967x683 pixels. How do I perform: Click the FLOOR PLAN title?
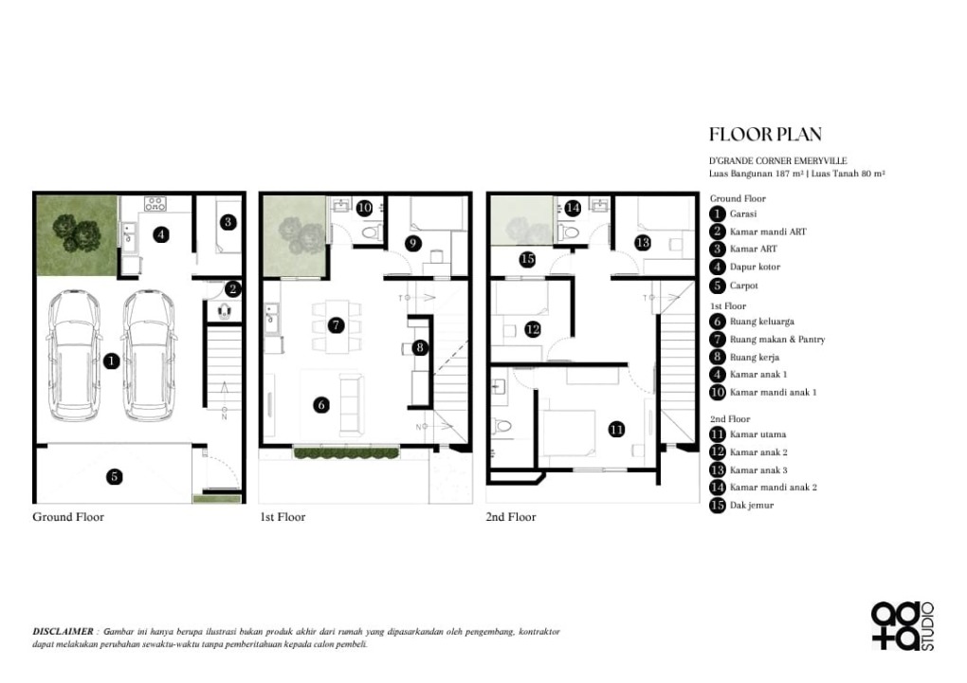tap(765, 135)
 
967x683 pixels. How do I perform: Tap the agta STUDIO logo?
tap(903, 626)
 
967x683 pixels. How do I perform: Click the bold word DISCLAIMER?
tap(63, 631)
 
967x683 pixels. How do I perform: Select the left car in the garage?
tap(74, 356)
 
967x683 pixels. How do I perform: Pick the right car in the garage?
tap(149, 356)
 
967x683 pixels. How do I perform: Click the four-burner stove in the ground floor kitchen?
tap(155, 204)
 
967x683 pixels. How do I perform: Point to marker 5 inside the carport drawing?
tap(114, 476)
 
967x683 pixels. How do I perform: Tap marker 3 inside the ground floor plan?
tap(228, 222)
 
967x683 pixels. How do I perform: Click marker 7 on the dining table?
tap(336, 325)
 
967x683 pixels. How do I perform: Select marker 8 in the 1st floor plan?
tap(420, 347)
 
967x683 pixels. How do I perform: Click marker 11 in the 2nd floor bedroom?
tap(617, 430)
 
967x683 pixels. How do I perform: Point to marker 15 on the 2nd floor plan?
tap(527, 259)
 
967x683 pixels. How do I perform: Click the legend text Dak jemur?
tap(751, 506)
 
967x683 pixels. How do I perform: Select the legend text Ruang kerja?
tap(755, 358)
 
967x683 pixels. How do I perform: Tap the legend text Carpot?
tap(744, 286)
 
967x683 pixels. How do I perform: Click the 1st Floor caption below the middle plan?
tap(283, 517)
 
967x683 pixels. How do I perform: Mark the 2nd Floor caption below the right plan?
tap(511, 517)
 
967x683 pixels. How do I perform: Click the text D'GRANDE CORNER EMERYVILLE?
tap(777, 161)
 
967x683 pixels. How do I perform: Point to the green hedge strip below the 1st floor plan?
tap(346, 453)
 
